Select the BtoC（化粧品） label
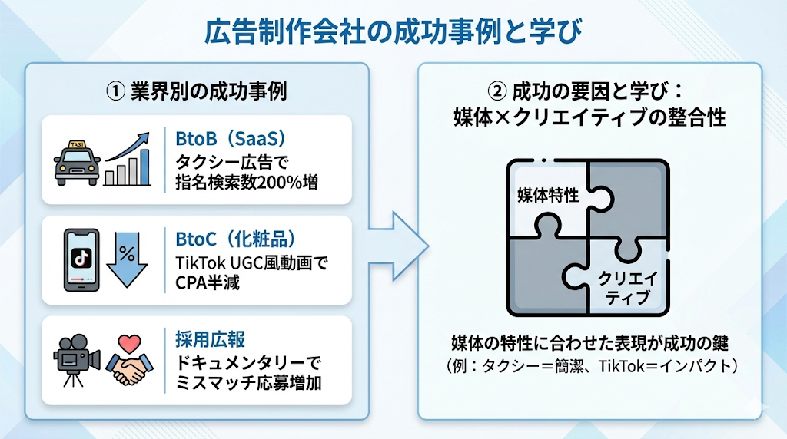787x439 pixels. tap(235, 239)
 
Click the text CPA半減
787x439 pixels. tap(208, 282)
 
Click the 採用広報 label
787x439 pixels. tap(204, 338)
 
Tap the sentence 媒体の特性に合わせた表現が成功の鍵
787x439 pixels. tap(589, 342)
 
